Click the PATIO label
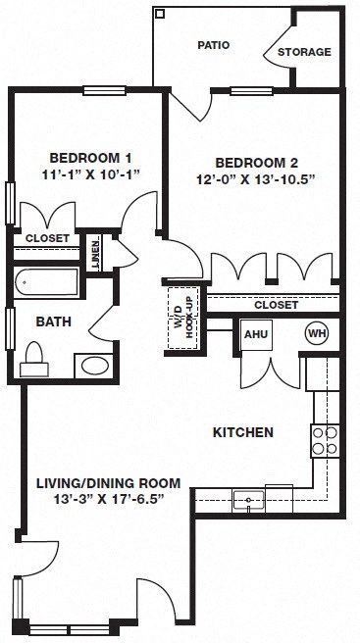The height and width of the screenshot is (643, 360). [214, 45]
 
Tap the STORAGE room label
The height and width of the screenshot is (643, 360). [304, 52]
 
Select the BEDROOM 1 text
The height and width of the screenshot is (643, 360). [91, 158]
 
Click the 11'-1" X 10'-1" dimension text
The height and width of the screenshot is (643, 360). [91, 175]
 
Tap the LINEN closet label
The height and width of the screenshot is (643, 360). [95, 251]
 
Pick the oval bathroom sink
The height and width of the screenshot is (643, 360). [95, 366]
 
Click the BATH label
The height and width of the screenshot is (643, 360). [52, 321]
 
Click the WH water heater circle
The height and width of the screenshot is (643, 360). [316, 332]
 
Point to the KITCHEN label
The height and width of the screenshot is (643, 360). [242, 432]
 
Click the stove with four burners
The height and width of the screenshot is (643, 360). [325, 440]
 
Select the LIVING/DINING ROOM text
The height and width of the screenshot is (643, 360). [108, 482]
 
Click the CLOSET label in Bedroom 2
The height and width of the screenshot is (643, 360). [276, 305]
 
